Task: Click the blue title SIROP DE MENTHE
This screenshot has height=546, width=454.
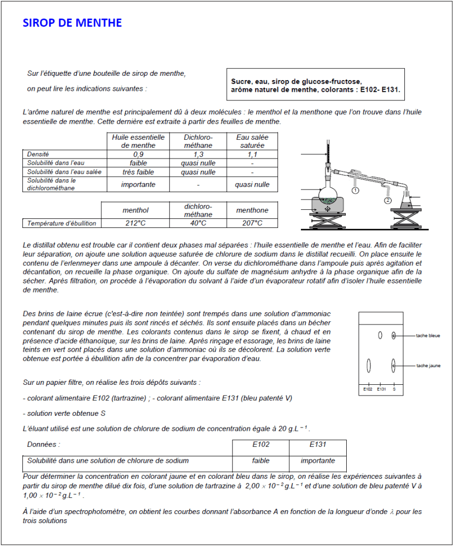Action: [x=72, y=23]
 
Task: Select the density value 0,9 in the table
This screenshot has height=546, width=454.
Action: [x=138, y=154]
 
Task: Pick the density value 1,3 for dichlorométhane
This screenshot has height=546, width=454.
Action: [x=198, y=154]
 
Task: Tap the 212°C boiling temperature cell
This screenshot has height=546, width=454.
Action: [x=136, y=223]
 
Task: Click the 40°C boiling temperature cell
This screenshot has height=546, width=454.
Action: [x=198, y=223]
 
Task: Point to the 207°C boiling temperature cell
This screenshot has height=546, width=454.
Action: [x=252, y=223]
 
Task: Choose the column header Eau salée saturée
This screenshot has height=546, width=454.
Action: [x=252, y=141]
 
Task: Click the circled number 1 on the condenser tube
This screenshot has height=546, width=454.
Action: [x=355, y=189]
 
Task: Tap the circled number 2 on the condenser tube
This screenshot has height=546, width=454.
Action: [x=387, y=200]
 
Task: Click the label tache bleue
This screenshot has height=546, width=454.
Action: [x=428, y=336]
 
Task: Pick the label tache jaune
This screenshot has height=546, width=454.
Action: [x=428, y=366]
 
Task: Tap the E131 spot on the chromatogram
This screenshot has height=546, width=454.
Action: [x=380, y=335]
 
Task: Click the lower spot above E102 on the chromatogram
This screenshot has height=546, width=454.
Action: [x=368, y=366]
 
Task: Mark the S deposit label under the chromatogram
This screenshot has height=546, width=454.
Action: [x=394, y=389]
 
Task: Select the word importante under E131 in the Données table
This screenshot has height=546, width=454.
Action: [x=317, y=461]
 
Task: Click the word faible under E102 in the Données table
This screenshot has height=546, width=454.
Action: [x=261, y=461]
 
